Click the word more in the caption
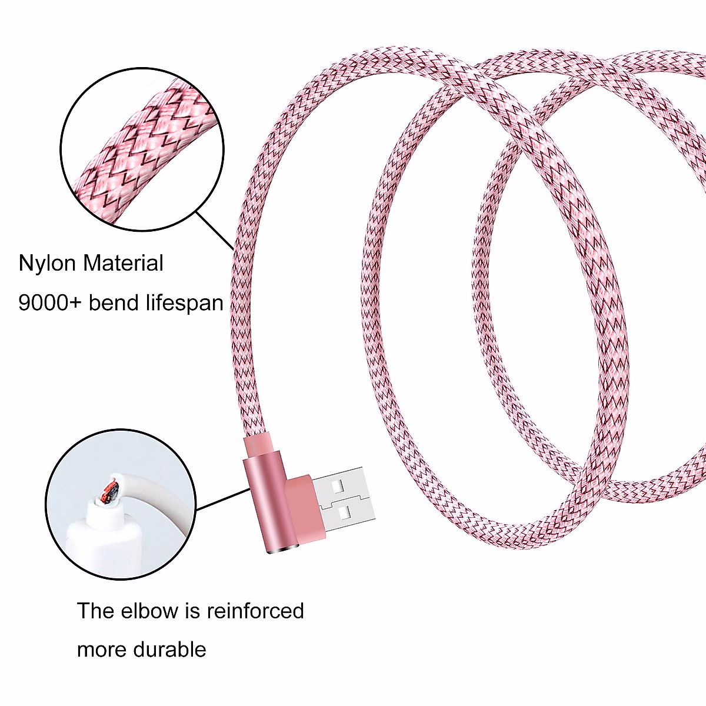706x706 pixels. (x=102, y=650)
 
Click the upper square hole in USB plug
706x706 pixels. (x=338, y=486)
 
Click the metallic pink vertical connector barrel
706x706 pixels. (x=265, y=506)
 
